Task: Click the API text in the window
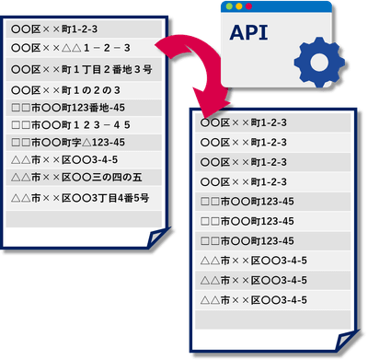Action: (x=248, y=32)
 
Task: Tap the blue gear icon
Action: (x=319, y=63)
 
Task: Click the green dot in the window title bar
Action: (x=229, y=6)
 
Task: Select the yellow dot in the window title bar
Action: (x=239, y=6)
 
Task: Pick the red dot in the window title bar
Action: (x=248, y=6)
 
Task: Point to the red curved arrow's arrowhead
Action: (x=211, y=99)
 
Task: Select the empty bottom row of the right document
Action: (x=273, y=319)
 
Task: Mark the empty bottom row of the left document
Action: (x=84, y=219)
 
